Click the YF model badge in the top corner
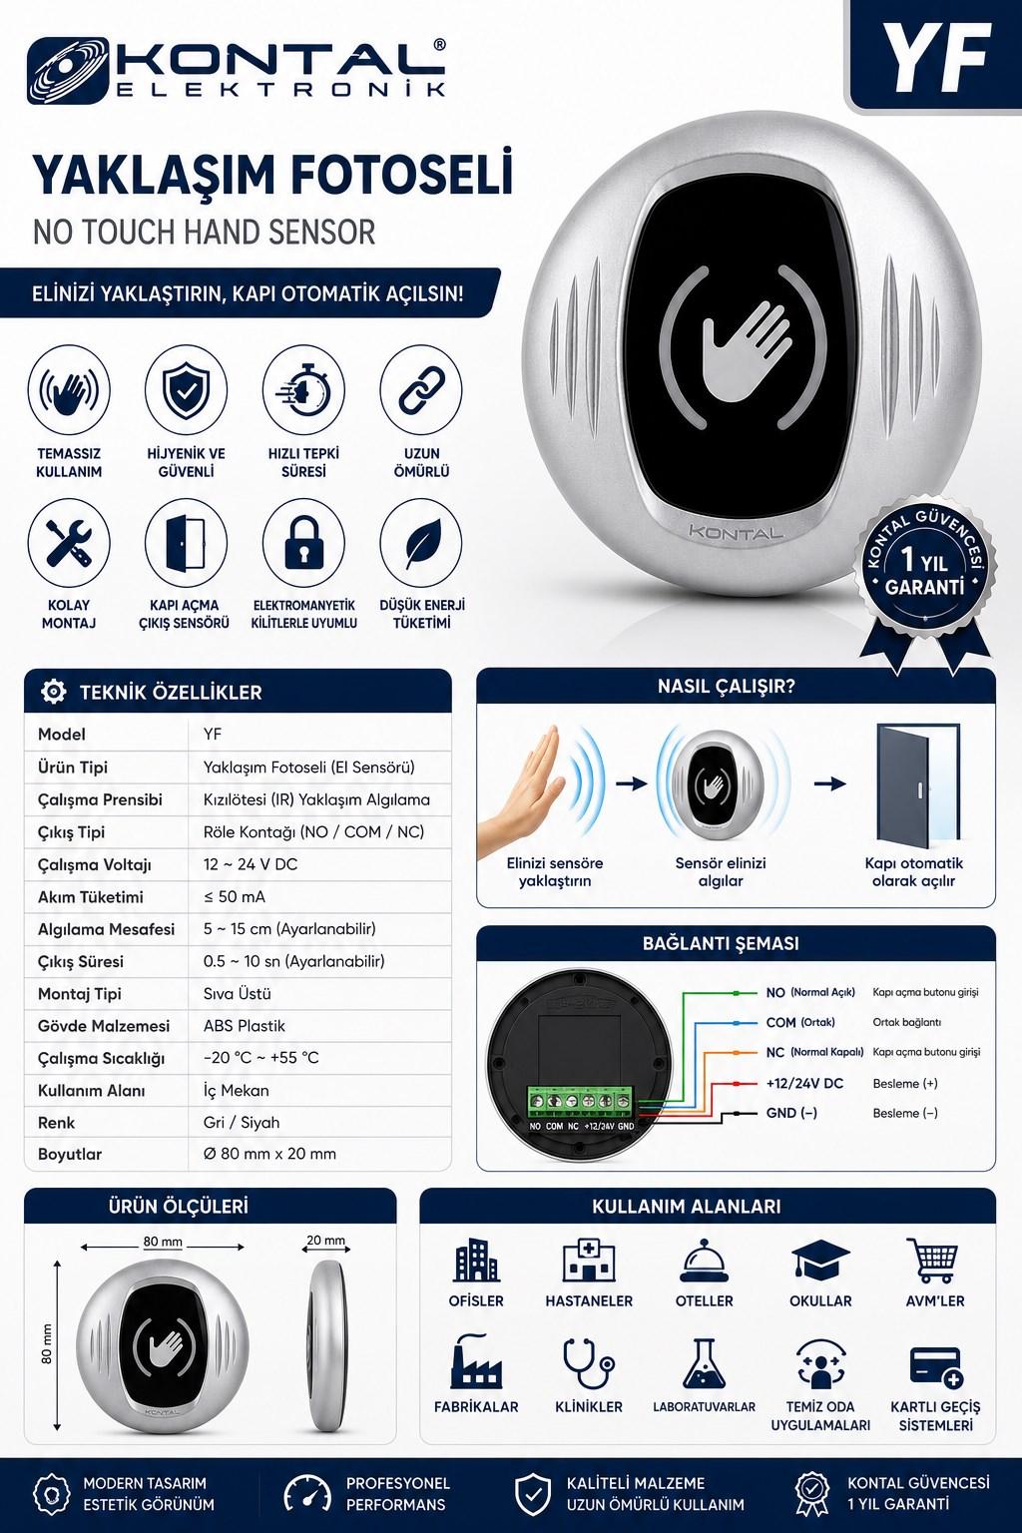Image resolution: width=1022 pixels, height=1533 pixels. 936,56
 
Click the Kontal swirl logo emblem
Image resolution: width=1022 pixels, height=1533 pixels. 68,71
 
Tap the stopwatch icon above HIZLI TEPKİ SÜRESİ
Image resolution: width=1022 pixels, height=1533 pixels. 303,391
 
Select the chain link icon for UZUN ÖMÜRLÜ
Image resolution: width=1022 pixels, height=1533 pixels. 421,390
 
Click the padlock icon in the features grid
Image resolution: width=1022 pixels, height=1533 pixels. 304,544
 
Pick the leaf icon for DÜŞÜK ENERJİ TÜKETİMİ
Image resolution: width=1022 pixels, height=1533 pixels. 421,543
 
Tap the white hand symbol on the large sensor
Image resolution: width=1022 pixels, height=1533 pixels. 745,349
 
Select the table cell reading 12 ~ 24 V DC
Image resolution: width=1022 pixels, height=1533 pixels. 251,864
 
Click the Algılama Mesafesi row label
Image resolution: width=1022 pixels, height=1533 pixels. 106,929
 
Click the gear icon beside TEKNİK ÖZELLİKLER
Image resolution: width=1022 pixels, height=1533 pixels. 53,692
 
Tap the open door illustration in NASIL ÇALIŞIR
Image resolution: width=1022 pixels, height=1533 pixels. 918,782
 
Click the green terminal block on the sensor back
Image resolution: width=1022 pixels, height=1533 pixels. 582,1102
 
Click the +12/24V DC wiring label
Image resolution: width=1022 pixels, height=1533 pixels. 804,1083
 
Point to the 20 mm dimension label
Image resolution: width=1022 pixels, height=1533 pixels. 325,1241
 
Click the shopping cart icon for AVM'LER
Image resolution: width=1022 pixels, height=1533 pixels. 934,1260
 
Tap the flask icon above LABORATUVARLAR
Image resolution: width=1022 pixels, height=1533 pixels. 704,1364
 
